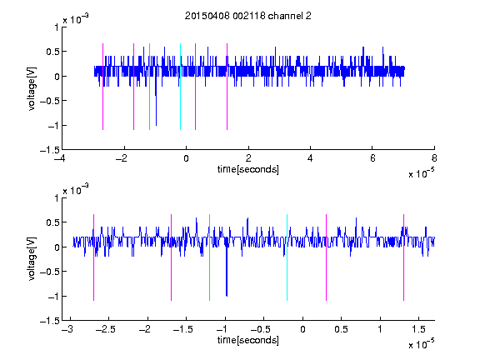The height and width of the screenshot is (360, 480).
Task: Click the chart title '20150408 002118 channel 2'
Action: tap(248, 16)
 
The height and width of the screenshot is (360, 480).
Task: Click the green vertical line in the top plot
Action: tap(149, 87)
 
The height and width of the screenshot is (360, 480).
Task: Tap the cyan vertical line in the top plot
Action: tap(180, 87)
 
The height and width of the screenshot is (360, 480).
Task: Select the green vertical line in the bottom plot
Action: tap(209, 257)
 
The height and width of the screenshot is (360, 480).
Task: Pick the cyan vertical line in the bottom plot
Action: tap(287, 257)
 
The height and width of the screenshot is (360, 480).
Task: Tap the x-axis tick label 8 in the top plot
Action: tap(434, 158)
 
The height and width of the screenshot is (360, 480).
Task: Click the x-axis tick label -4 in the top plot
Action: tap(60, 158)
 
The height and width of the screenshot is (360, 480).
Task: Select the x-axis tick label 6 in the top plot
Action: tap(372, 158)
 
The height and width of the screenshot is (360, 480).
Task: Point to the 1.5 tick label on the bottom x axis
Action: tap(418, 329)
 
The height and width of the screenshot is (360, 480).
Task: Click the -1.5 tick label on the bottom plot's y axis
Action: tap(50, 321)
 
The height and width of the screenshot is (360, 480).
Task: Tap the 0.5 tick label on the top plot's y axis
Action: tap(52, 52)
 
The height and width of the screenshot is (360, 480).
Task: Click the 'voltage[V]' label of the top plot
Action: tap(32, 88)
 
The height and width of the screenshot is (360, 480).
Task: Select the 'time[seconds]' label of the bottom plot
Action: tap(248, 340)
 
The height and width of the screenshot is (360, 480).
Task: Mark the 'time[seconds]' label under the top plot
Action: tap(248, 169)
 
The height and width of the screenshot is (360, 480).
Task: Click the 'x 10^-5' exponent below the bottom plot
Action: tap(421, 343)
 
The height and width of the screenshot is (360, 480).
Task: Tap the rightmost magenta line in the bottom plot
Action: tap(403, 257)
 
